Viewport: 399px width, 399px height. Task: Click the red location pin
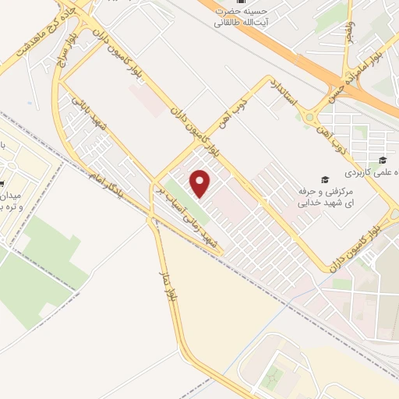point(201,182)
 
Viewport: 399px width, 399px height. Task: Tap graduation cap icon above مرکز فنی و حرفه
point(326,178)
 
